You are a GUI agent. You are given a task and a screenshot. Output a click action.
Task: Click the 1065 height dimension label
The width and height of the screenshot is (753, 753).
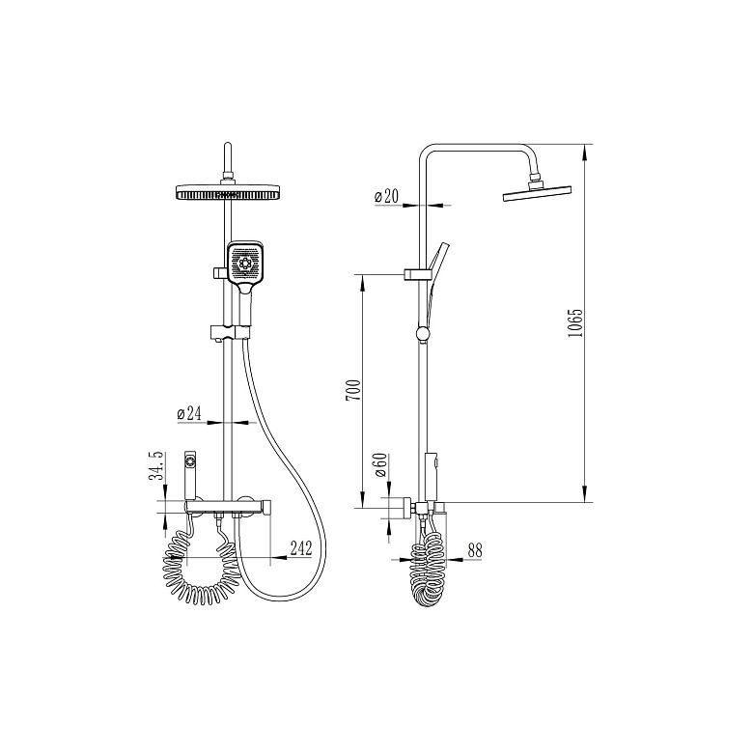click(x=574, y=322)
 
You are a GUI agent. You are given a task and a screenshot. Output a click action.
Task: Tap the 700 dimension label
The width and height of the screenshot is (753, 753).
click(x=353, y=391)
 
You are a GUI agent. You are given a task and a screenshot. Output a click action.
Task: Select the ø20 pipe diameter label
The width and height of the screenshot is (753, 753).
click(x=386, y=196)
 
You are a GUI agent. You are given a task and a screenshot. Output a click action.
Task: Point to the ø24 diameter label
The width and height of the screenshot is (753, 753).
click(x=188, y=413)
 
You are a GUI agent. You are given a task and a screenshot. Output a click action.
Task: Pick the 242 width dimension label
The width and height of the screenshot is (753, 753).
click(x=301, y=548)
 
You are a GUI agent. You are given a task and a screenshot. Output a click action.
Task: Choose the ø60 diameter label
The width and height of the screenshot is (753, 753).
click(x=380, y=465)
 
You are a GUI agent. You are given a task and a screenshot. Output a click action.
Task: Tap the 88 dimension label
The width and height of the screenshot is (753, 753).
click(x=474, y=550)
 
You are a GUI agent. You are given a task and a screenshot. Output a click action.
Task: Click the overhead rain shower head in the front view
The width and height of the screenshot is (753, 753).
click(x=228, y=192)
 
